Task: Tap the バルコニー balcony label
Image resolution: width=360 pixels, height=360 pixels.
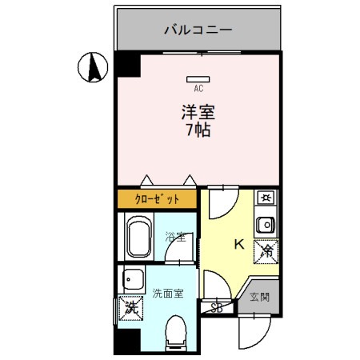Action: [x=198, y=30]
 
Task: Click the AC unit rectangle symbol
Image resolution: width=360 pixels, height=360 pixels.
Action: [x=198, y=79]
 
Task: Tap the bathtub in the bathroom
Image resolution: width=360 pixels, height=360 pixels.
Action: [x=140, y=238]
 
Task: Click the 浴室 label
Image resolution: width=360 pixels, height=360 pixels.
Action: [x=175, y=237]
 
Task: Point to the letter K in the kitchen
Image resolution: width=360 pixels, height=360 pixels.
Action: [x=238, y=245]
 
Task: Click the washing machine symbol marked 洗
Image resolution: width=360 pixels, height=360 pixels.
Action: [x=128, y=307]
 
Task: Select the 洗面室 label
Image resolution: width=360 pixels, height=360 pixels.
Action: [x=168, y=293]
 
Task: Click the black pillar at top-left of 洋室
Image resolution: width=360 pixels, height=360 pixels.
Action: [x=126, y=66]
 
